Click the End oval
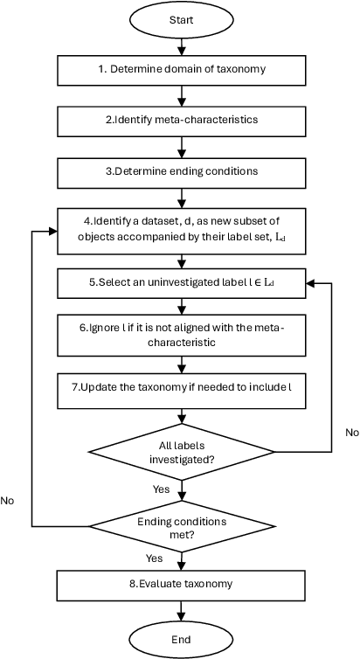tap(181, 639)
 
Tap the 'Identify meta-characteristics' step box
tap(181, 116)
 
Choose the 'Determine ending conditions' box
tap(181, 166)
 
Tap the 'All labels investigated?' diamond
tap(181, 452)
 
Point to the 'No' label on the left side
tap(8, 501)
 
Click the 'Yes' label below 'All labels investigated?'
tap(161, 489)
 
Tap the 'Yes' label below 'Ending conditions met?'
tap(154, 557)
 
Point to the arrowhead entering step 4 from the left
tap(53, 231)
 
